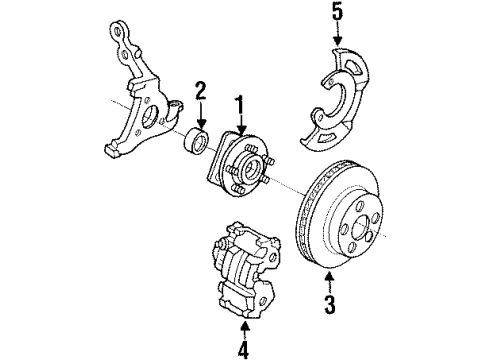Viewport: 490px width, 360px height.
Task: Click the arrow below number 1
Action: [x=239, y=122]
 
